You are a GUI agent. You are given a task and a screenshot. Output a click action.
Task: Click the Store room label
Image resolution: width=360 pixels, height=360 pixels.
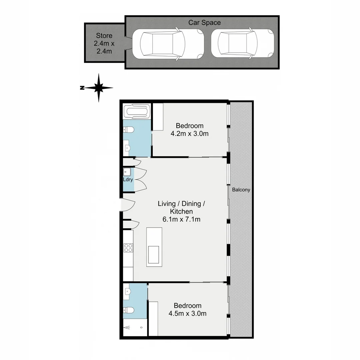(104, 36)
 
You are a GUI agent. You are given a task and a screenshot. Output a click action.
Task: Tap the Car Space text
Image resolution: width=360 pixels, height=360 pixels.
(204, 23)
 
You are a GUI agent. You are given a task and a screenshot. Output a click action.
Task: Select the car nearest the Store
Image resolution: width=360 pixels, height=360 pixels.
(168, 44)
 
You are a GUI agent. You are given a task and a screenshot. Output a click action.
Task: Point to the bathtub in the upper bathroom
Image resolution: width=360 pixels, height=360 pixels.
(137, 111)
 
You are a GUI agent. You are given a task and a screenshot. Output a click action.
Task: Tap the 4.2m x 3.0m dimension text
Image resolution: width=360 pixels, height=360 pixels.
(189, 134)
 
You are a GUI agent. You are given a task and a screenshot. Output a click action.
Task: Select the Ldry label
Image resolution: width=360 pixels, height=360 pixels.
(128, 179)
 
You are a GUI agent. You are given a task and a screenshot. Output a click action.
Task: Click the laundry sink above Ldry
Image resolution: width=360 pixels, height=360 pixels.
(127, 172)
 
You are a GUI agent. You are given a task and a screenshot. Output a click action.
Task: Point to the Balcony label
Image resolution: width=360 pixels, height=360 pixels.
(241, 190)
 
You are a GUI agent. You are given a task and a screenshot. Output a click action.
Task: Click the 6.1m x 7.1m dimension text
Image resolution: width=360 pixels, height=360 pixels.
(181, 219)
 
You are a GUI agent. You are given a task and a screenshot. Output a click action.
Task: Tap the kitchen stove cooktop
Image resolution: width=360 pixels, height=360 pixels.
(128, 248)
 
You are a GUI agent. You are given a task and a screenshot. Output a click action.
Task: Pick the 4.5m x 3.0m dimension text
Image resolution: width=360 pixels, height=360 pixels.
(187, 313)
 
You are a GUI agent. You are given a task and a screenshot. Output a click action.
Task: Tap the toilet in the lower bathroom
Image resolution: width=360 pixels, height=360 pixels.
(129, 310)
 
